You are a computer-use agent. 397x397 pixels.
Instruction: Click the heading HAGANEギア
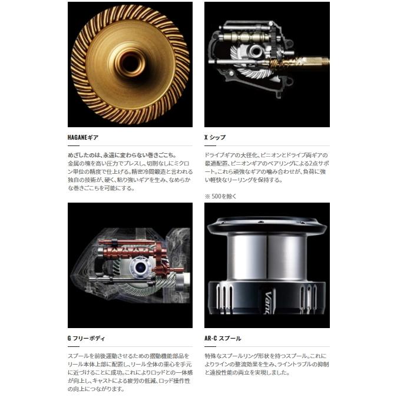click(83, 137)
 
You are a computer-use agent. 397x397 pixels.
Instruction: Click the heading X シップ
click(215, 137)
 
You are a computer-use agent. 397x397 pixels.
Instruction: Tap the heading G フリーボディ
click(87, 338)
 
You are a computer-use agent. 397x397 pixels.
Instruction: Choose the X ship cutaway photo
click(267, 64)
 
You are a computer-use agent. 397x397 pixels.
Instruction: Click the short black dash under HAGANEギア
click(73, 145)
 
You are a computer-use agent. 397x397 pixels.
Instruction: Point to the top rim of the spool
click(267, 223)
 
